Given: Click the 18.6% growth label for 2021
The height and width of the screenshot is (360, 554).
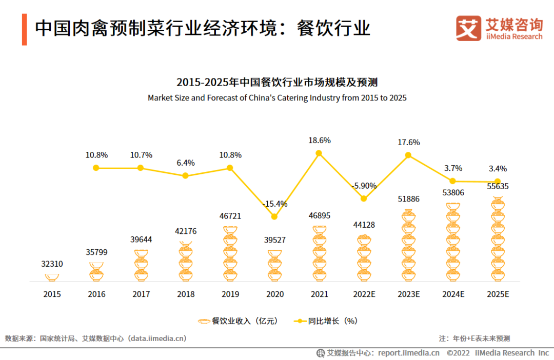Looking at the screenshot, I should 319,140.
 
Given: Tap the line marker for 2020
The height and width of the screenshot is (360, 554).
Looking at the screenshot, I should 274,216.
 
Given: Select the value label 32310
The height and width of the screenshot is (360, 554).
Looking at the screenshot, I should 52,264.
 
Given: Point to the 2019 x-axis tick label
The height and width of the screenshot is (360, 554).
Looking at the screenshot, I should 230,294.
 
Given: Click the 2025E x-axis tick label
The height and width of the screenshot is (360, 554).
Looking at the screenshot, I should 497,294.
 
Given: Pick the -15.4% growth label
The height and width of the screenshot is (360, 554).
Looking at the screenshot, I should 274,204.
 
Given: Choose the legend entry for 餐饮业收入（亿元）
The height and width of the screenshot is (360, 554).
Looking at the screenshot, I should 238,321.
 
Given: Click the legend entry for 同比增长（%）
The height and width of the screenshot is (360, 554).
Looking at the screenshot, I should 326,321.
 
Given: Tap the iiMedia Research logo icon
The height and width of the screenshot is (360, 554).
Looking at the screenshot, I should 468,28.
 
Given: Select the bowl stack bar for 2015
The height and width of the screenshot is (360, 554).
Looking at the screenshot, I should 52,277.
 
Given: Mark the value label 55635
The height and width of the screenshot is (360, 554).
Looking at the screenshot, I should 497,187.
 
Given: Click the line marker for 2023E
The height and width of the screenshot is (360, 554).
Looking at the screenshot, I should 408,155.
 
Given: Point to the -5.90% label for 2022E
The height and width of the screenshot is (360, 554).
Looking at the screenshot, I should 364,186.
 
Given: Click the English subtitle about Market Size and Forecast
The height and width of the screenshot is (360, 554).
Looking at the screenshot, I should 277,97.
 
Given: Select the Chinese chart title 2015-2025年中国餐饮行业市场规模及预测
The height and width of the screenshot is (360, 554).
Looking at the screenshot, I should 277,82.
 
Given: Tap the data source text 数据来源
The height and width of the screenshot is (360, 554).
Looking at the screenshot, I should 95,338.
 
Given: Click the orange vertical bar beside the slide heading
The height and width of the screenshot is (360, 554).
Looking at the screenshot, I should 24,29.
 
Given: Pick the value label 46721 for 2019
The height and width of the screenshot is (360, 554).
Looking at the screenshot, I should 230,216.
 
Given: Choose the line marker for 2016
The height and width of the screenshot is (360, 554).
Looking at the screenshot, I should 96,168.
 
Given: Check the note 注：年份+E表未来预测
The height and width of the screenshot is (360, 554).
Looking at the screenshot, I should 474,338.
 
